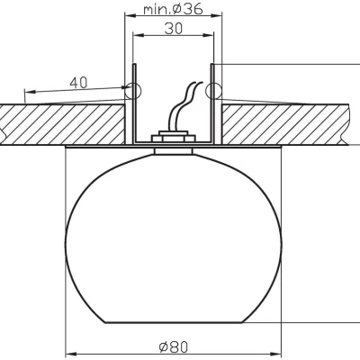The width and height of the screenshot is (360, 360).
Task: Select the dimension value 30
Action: (x=172, y=29)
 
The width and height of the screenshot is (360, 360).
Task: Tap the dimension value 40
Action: (x=78, y=82)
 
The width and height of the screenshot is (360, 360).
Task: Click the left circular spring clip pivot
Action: (x=132, y=90)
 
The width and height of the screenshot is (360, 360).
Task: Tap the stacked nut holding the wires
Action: (x=172, y=138)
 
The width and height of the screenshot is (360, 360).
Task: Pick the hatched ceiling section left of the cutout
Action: (x=63, y=121)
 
